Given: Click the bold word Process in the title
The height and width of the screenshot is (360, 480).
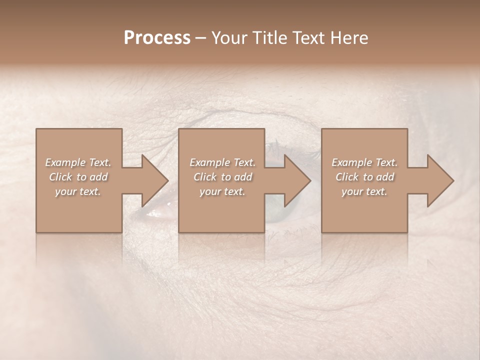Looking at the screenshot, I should point(157,38).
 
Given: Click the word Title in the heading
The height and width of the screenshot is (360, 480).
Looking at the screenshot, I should point(266,38).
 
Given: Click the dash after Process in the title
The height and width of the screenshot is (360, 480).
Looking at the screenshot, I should point(200,38).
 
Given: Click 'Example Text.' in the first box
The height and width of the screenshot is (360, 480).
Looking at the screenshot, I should point(78,162).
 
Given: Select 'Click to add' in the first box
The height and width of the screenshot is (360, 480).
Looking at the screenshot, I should point(78,177).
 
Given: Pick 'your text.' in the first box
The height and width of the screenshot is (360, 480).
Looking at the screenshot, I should point(78,191).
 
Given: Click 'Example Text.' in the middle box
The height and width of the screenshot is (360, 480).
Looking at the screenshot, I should point(222,162).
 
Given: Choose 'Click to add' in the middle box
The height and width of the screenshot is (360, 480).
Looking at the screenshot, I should point(222,177).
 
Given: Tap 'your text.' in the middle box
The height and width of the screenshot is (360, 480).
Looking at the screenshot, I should point(222,191).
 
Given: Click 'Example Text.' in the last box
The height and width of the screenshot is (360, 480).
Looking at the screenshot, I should point(364,162).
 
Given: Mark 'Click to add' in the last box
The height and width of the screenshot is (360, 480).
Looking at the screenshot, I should point(364,177).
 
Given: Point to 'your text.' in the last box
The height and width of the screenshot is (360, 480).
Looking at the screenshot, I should point(364,191).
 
